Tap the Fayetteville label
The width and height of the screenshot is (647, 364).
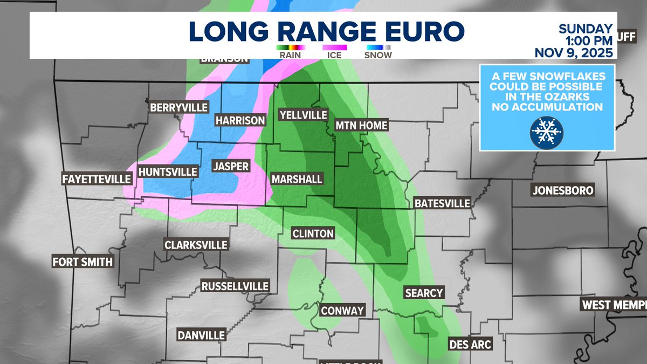point(97,178)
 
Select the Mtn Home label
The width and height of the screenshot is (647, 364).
point(361,125)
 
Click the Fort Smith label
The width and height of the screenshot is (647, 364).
point(82,262)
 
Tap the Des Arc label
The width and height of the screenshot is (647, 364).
point(470,344)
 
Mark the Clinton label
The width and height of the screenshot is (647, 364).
point(313,233)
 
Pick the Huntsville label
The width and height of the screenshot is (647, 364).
point(168,172)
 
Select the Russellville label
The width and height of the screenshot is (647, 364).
point(234,286)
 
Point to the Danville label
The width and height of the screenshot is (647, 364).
point(201,335)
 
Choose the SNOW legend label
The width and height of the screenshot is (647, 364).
point(378,54)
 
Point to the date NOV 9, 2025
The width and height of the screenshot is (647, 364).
point(574,53)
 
